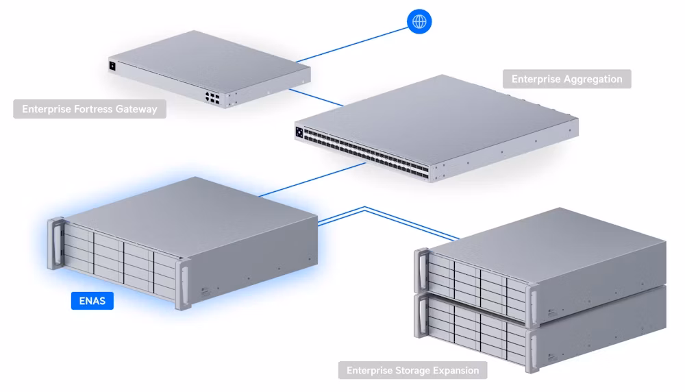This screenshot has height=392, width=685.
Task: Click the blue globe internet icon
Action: pos(419,21)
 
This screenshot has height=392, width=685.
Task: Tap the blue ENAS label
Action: pos(92,301)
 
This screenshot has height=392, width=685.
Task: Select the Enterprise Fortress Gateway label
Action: pos(90,109)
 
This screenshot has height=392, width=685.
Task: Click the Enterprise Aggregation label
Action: pos(566,79)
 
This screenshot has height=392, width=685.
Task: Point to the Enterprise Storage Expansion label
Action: pos(413,370)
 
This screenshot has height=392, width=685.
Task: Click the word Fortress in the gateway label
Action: pos(93,109)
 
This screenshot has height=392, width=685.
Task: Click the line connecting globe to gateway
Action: pos(351,45)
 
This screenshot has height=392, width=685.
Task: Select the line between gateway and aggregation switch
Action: pos(316,97)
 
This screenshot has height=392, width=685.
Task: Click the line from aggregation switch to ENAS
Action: pos(312,180)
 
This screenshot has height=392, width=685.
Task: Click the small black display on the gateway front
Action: pos(112,66)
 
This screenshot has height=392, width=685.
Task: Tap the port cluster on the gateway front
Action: pos(213,98)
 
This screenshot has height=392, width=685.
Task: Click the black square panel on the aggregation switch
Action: pos(299,132)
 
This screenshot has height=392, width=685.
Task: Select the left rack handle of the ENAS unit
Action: pos(56,244)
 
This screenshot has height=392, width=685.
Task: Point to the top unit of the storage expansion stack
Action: pos(540,267)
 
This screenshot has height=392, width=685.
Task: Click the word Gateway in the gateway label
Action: pos(136,109)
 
